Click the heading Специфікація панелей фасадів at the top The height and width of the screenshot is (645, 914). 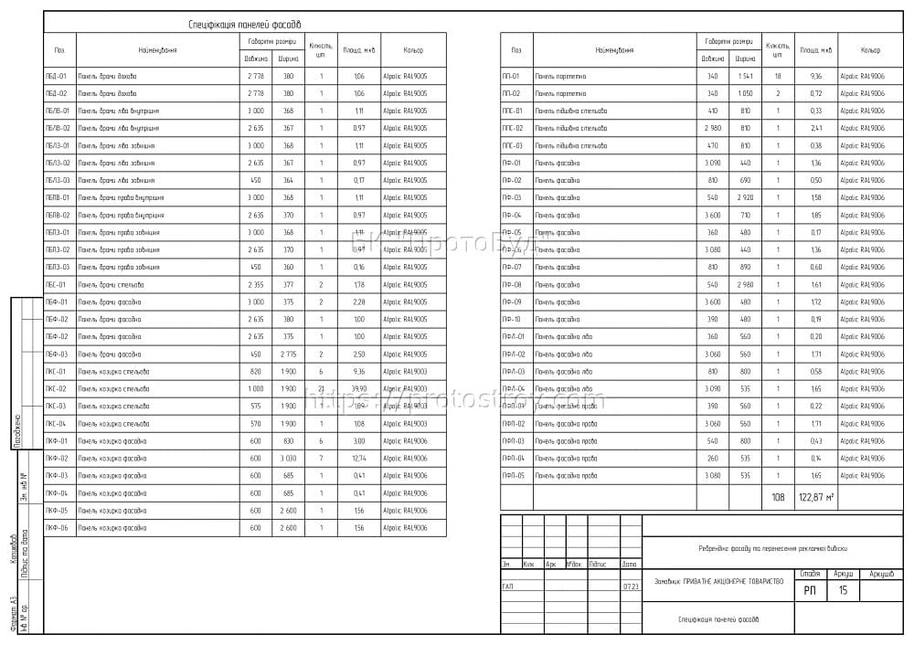(x=243, y=25)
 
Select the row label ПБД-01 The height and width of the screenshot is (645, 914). (x=57, y=77)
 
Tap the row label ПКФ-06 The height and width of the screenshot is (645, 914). (x=57, y=528)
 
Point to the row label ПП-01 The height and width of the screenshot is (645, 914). (x=511, y=77)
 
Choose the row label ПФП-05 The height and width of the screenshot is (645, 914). (x=514, y=476)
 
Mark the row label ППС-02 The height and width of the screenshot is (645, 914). (x=513, y=129)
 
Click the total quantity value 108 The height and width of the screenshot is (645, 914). (x=778, y=497)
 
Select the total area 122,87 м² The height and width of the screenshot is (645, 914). (x=816, y=497)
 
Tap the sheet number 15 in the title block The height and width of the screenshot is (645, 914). (x=842, y=591)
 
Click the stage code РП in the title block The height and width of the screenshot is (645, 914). (x=810, y=591)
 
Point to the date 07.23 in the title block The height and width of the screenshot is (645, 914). (x=631, y=587)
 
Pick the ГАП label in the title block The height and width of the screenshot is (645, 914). (x=507, y=587)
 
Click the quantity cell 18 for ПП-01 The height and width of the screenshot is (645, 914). (x=778, y=77)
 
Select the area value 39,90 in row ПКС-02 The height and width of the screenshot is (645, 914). (x=358, y=389)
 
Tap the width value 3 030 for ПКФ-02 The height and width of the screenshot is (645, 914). (x=288, y=459)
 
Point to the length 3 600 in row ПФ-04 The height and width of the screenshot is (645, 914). (x=713, y=216)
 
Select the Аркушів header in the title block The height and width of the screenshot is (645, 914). (x=881, y=574)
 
